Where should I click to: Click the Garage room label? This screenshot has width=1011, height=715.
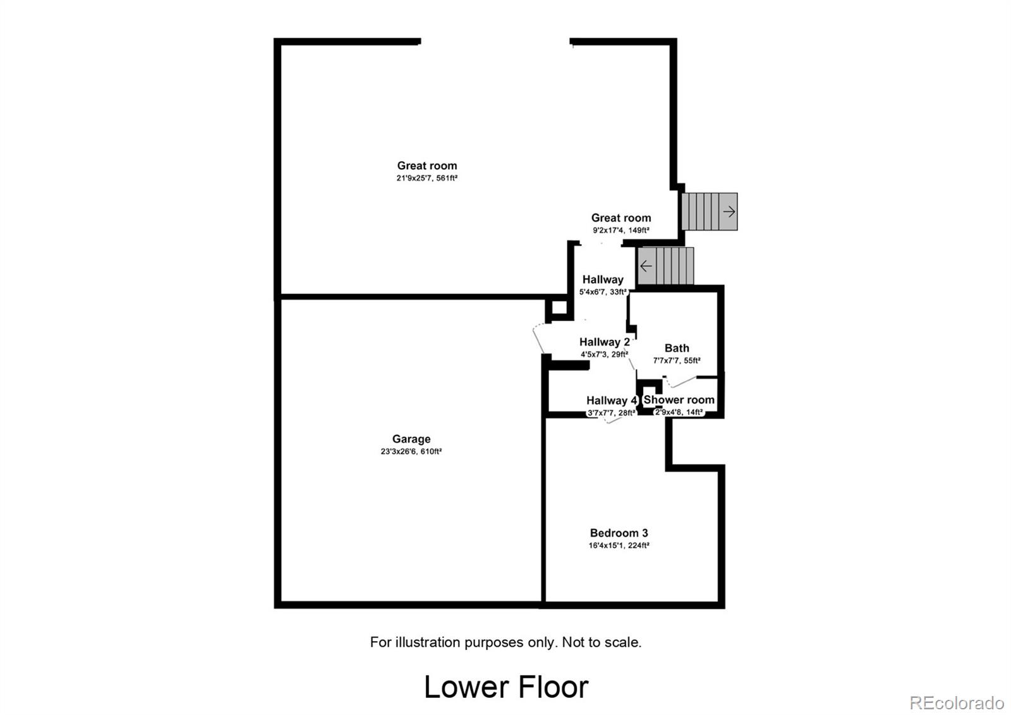tap(411, 439)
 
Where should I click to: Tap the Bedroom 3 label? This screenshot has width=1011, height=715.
tap(619, 533)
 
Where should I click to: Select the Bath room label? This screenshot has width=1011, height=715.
tap(677, 348)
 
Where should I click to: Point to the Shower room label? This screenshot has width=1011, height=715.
tap(679, 400)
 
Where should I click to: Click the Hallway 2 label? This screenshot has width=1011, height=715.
tap(604, 342)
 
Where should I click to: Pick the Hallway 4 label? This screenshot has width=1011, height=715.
tap(612, 400)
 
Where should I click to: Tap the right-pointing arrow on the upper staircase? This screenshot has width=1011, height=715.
tap(729, 211)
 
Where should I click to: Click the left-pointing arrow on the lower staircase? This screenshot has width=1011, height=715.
tap(646, 266)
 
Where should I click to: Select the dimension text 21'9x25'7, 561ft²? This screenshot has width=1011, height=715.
tap(427, 178)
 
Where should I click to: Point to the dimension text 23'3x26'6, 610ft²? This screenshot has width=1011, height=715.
tap(411, 451)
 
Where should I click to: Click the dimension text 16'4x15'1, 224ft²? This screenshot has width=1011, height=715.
tap(619, 545)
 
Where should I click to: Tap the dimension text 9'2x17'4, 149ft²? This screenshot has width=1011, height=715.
tap(621, 230)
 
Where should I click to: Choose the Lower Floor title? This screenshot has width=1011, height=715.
tap(506, 687)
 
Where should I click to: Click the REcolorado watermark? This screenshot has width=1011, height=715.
tap(957, 703)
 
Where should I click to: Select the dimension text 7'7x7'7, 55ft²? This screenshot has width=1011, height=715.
tap(677, 360)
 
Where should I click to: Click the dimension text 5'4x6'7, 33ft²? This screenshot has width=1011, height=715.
tap(603, 292)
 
